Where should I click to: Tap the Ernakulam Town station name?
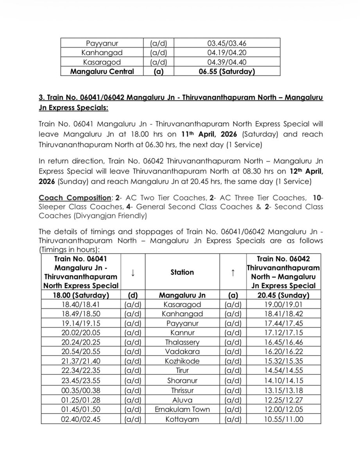pos(182,409)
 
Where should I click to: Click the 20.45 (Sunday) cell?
pos(283,295)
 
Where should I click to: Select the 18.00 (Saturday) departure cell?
pos(81,295)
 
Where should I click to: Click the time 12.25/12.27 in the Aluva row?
pos(283,399)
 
